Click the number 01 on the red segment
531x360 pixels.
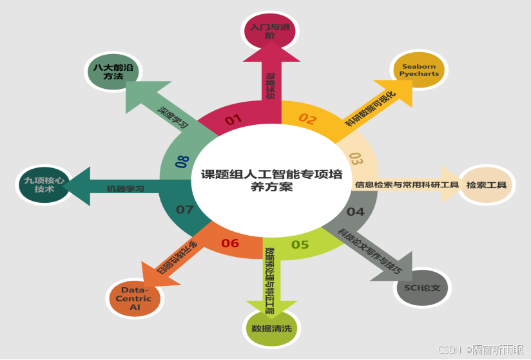coord(233,119)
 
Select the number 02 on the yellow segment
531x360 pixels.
coord(307,119)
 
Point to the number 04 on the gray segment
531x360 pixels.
coord(355,211)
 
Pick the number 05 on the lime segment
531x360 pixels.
coord(300,244)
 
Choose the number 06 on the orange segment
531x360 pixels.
coord(230,243)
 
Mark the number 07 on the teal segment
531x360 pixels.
coord(185,209)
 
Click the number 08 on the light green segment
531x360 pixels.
coord(182,161)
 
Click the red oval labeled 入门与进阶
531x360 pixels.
coord(269,30)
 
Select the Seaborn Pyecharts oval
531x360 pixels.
coord(420,70)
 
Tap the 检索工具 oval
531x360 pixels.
coord(487,185)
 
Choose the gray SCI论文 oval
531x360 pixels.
coord(422,287)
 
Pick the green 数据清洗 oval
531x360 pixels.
coord(271,328)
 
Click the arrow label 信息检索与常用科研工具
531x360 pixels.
coord(406,185)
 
